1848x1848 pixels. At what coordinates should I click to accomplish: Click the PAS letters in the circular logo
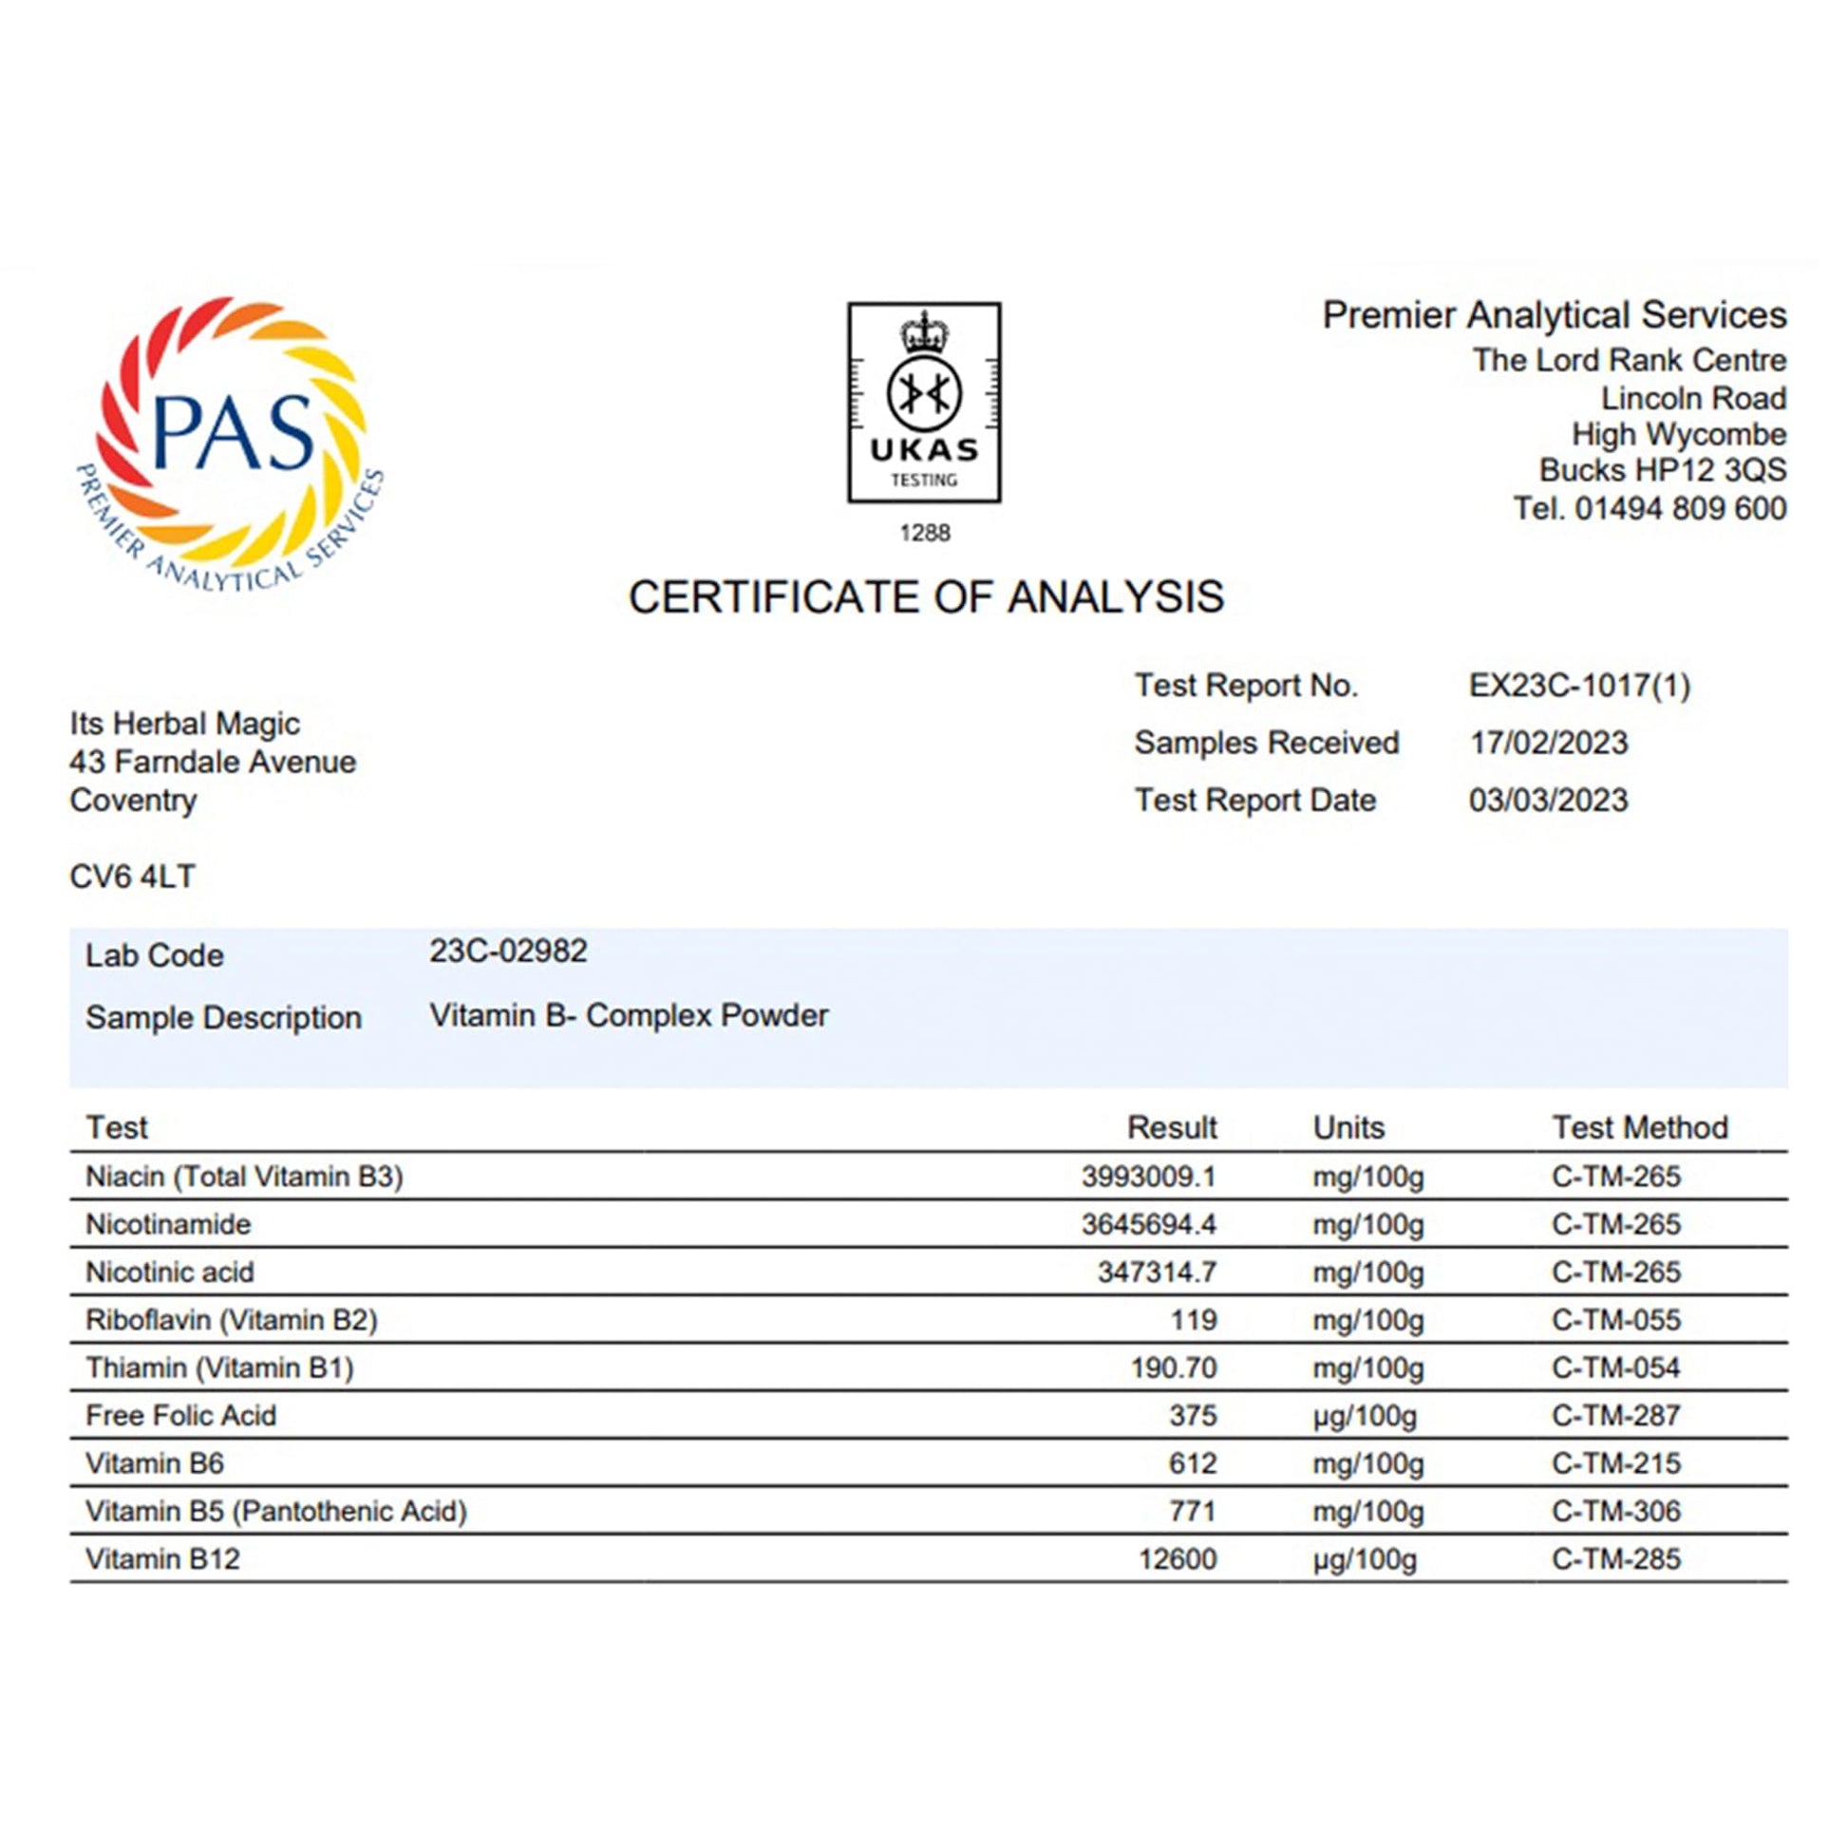click(233, 432)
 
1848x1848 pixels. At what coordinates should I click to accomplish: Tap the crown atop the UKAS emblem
click(924, 332)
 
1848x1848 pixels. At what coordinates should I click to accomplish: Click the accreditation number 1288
click(924, 533)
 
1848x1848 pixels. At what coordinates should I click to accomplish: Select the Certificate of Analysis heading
click(925, 597)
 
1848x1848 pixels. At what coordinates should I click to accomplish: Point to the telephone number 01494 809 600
click(1680, 508)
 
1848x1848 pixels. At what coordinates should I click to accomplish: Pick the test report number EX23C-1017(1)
click(1579, 685)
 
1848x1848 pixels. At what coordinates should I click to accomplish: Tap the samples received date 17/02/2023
click(1548, 743)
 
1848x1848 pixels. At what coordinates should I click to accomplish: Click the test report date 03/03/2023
click(1548, 800)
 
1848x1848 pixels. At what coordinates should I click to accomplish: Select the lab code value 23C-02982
click(508, 951)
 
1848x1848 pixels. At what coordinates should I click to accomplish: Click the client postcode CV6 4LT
click(132, 877)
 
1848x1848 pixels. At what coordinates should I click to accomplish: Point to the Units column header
click(1348, 1127)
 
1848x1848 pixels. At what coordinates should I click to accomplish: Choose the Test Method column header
click(1639, 1127)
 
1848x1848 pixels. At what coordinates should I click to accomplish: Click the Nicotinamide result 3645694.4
click(1149, 1223)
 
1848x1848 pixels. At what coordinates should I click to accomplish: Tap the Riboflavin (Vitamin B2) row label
click(232, 1319)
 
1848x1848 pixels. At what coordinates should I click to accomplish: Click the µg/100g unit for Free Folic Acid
click(1364, 1415)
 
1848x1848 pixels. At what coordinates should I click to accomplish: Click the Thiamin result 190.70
click(1174, 1367)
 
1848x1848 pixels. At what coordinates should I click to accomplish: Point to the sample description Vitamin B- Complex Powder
click(629, 1015)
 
